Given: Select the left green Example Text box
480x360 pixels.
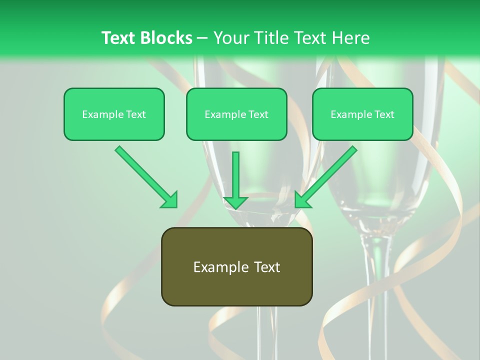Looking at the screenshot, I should click(114, 114).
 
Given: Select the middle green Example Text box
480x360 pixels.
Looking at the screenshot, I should click(236, 114).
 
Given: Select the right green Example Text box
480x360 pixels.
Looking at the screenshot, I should click(362, 114).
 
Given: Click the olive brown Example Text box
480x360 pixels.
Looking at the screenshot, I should click(236, 266).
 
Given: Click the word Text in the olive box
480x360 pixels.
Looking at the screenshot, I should click(264, 267).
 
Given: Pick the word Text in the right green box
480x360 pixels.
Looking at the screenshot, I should click(383, 114).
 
